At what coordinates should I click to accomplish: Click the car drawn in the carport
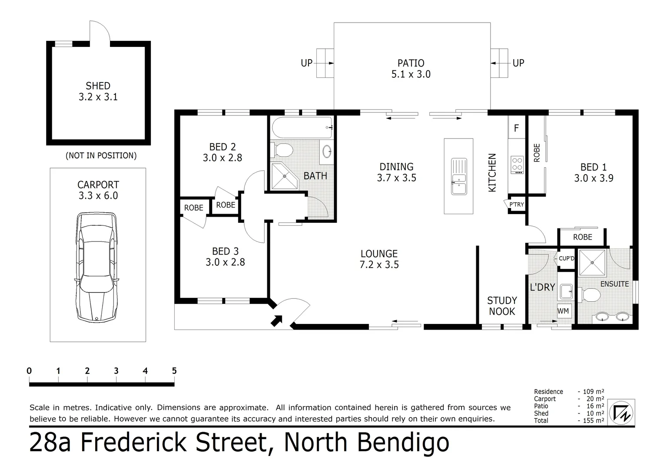pyautogui.click(x=98, y=267)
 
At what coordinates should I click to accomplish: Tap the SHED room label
pyautogui.click(x=98, y=86)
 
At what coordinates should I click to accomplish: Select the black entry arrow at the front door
pyautogui.click(x=276, y=320)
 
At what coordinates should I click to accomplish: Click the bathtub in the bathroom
pyautogui.click(x=302, y=128)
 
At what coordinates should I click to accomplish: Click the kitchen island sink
pyautogui.click(x=458, y=176)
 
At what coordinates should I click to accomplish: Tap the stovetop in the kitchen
pyautogui.click(x=517, y=165)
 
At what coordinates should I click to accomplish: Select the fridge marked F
pyautogui.click(x=517, y=128)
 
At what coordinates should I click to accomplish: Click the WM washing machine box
pyautogui.click(x=563, y=311)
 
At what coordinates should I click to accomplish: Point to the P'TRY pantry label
pyautogui.click(x=516, y=205)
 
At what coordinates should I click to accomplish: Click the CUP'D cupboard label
pyautogui.click(x=566, y=258)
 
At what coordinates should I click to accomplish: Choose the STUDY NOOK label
pyautogui.click(x=502, y=306)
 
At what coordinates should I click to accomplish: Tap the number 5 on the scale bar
pyautogui.click(x=174, y=371)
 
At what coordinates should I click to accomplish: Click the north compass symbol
pyautogui.click(x=621, y=412)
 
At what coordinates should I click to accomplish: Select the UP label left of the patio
pyautogui.click(x=307, y=63)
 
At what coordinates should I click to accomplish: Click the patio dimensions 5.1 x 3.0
pyautogui.click(x=411, y=74)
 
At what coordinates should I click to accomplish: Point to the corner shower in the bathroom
pyautogui.click(x=284, y=176)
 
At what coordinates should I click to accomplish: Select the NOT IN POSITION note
pyautogui.click(x=101, y=155)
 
